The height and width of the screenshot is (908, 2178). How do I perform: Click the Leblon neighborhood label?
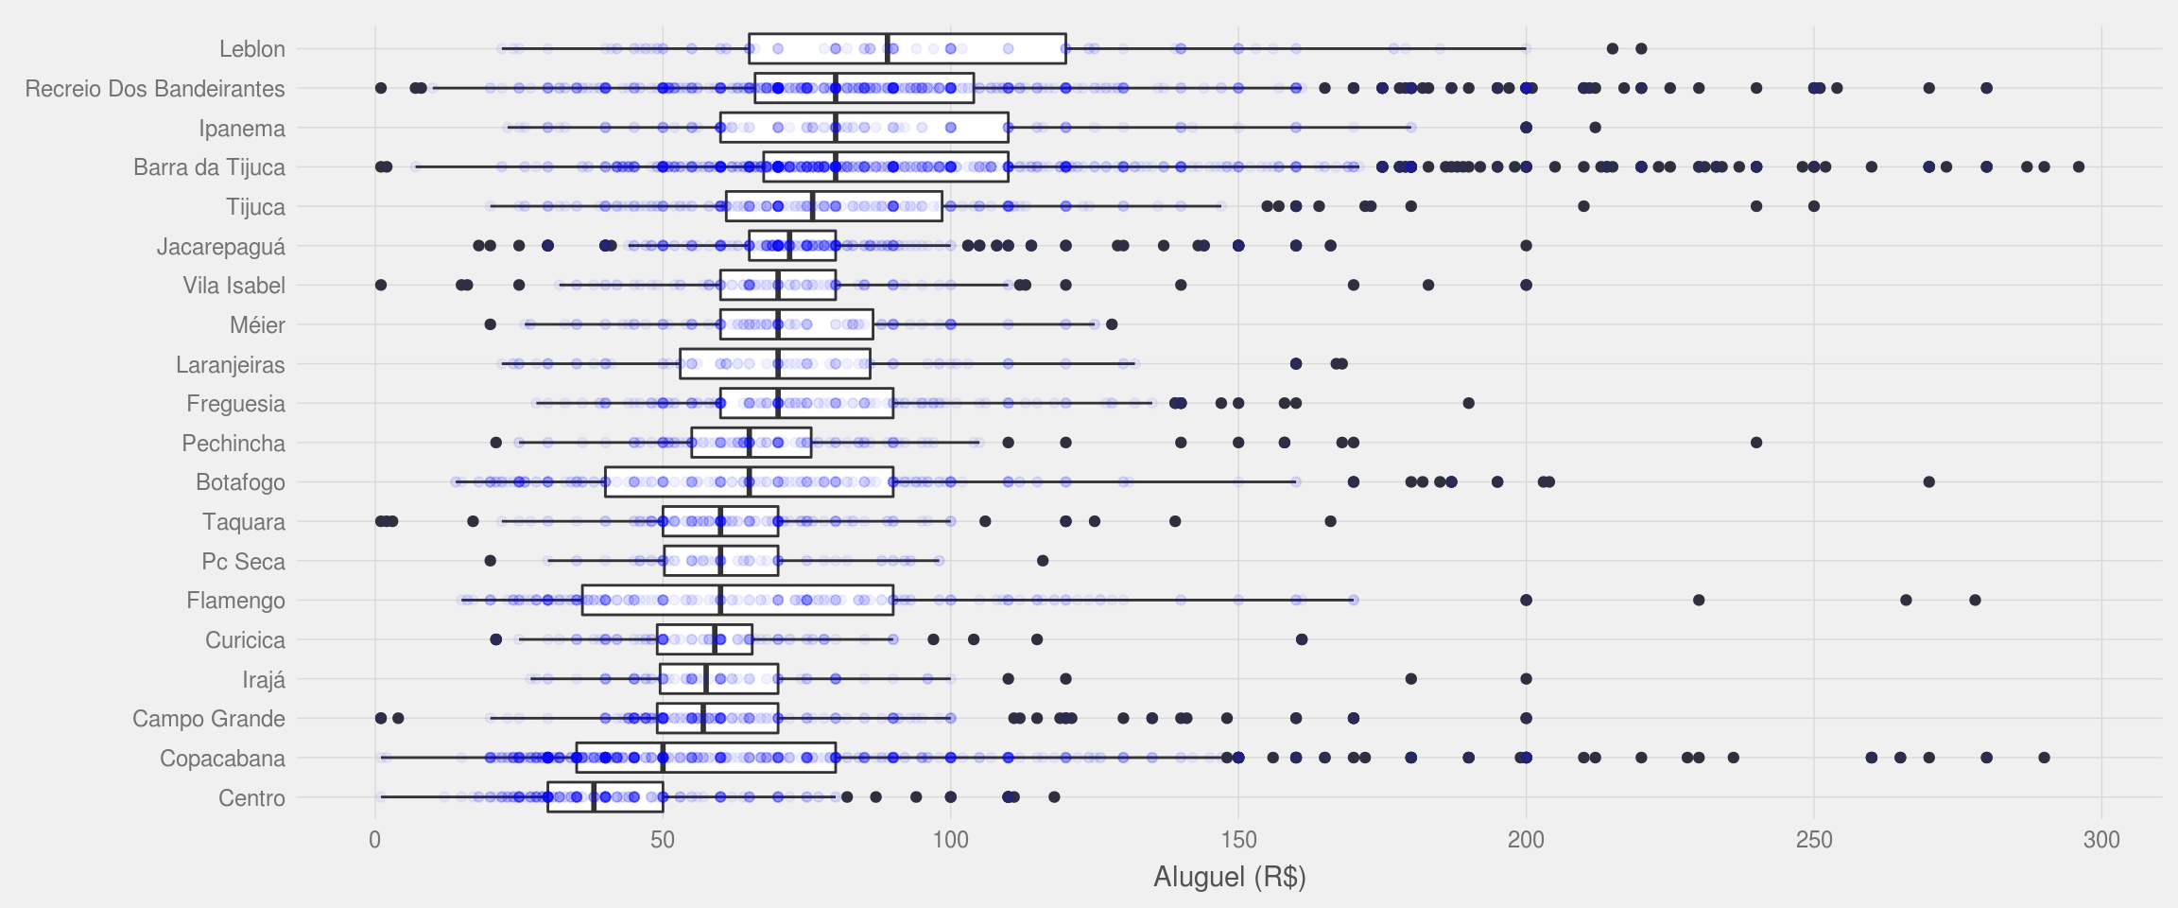(x=251, y=49)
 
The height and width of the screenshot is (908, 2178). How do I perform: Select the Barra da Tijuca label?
(x=209, y=167)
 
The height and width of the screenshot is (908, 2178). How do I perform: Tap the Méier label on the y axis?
(x=257, y=325)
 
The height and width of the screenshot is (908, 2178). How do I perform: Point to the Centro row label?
(x=251, y=798)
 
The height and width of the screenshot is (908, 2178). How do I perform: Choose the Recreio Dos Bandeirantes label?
(x=155, y=89)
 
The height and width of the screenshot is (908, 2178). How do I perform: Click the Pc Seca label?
(x=243, y=562)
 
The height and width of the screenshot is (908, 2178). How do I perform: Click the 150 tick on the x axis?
(x=1238, y=840)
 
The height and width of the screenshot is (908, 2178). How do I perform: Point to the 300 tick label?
(x=2101, y=840)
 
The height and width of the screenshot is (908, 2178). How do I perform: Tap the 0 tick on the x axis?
(x=375, y=840)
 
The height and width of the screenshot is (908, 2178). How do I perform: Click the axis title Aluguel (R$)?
(x=1229, y=877)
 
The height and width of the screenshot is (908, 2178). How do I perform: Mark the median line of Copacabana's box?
(x=663, y=758)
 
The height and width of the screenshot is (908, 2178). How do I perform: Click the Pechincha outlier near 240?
(x=1756, y=443)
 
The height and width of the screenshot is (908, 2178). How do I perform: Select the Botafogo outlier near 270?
(x=1929, y=482)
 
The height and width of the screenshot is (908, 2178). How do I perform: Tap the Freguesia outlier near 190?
(x=1468, y=404)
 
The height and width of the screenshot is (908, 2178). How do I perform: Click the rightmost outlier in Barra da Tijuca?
(x=2079, y=167)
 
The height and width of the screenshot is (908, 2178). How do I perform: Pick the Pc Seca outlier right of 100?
(x=1043, y=561)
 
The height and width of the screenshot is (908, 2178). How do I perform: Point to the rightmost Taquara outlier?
(x=1330, y=521)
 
